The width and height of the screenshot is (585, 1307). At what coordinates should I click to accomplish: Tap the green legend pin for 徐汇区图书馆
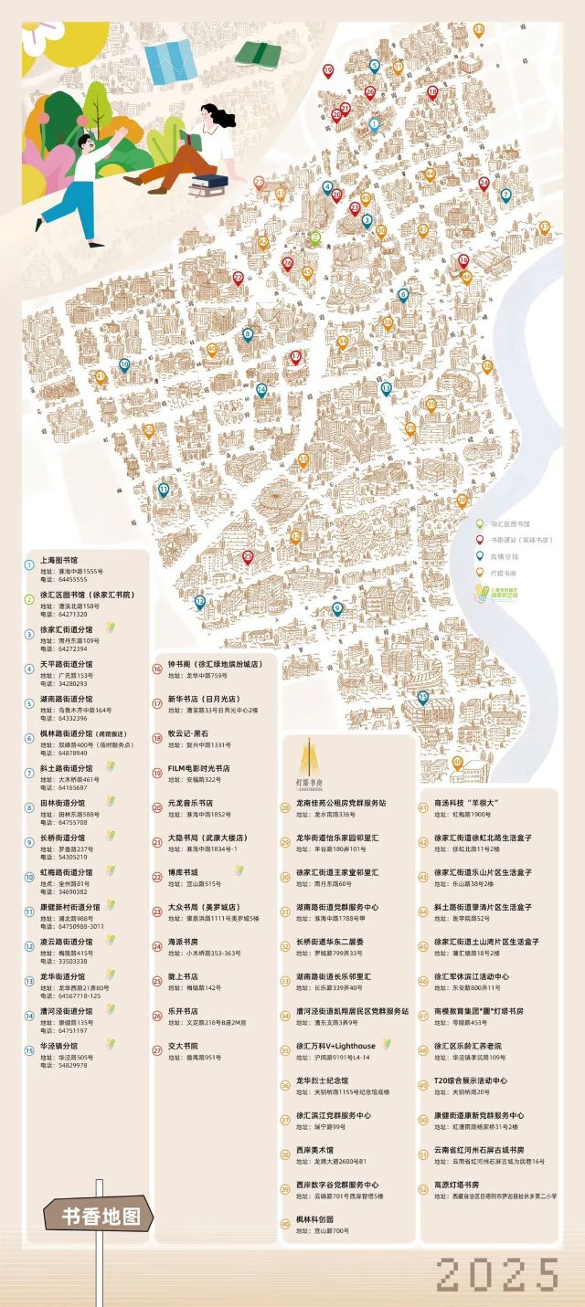(x=479, y=523)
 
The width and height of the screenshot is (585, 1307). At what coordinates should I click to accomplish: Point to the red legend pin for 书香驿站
(x=479, y=539)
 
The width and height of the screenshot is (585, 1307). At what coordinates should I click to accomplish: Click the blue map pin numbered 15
(x=422, y=698)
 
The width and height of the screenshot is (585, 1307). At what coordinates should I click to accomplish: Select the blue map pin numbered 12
(x=199, y=602)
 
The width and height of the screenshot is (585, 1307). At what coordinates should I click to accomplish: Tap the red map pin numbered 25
(x=247, y=557)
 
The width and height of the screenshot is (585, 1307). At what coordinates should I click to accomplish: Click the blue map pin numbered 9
(x=337, y=608)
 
